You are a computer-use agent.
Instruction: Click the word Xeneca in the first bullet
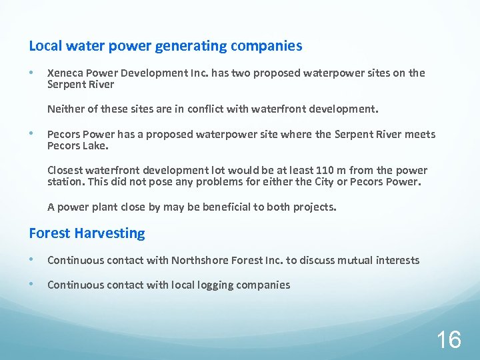[x=65, y=73]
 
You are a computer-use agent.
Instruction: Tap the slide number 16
[x=448, y=340]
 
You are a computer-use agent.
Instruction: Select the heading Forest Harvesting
[x=87, y=233]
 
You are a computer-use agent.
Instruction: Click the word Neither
[x=65, y=109]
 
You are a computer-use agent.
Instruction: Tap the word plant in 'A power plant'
[x=105, y=207]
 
